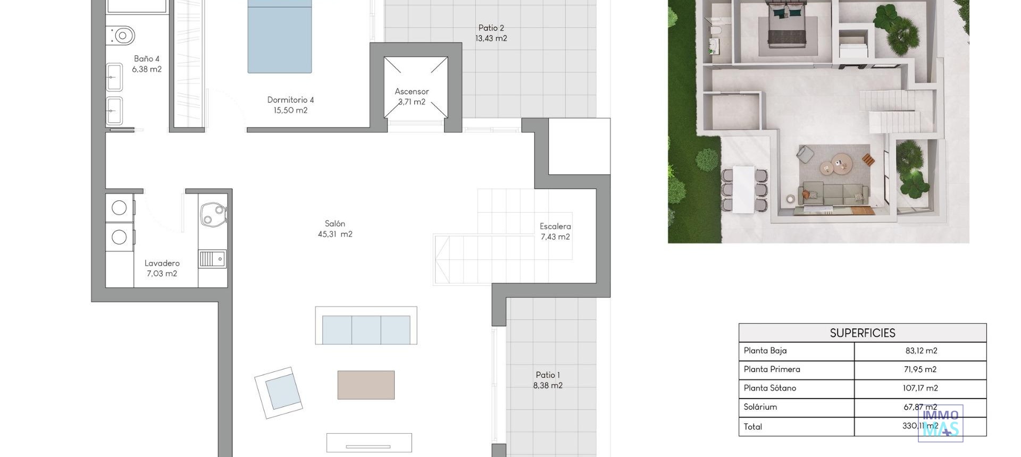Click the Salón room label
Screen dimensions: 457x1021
pyautogui.click(x=335, y=224)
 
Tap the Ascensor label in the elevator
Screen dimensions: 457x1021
pyautogui.click(x=412, y=91)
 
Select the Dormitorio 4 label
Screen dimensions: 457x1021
pyautogui.click(x=290, y=100)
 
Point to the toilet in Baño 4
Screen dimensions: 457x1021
pyautogui.click(x=122, y=36)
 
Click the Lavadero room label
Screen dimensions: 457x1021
pyautogui.click(x=162, y=263)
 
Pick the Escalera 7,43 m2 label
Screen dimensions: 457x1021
pyautogui.click(x=555, y=232)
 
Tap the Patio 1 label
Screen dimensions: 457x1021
pyautogui.click(x=548, y=375)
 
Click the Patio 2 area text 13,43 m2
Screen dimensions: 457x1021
pyautogui.click(x=491, y=38)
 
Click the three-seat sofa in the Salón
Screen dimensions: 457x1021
pyautogui.click(x=366, y=328)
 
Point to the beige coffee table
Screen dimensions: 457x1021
pyautogui.click(x=366, y=385)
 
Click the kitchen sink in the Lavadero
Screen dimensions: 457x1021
pyautogui.click(x=212, y=259)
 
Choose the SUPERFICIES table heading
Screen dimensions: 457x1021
pyautogui.click(x=862, y=333)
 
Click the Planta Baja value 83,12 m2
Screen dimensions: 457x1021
pyautogui.click(x=921, y=351)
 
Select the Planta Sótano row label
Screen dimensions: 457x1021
pyautogui.click(x=769, y=388)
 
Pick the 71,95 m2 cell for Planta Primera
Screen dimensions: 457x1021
pyautogui.click(x=920, y=369)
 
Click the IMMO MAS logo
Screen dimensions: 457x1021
pyautogui.click(x=941, y=424)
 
